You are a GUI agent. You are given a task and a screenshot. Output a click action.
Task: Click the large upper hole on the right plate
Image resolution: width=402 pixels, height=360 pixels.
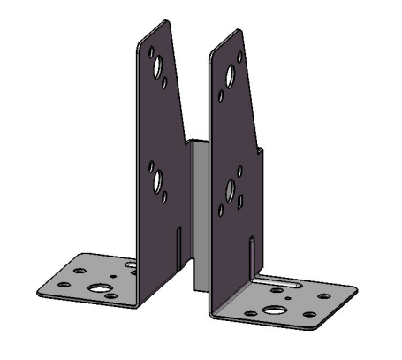pyautogui.click(x=230, y=76)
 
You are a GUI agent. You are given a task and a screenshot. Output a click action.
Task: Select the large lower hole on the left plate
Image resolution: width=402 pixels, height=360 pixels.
pyautogui.click(x=158, y=181)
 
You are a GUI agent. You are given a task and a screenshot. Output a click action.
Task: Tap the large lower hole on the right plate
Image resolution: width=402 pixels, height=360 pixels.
pyautogui.click(x=230, y=189)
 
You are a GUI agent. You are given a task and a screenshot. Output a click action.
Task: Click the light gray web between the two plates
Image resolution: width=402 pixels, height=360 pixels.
pyautogui.click(x=199, y=212)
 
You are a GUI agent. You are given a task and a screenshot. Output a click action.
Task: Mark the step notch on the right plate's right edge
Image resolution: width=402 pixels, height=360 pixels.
pyautogui.click(x=261, y=150)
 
